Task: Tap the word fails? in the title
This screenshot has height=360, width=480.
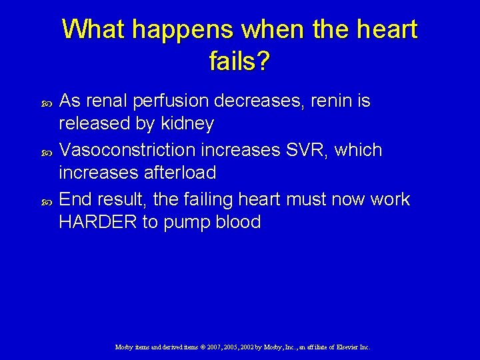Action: pos(239,62)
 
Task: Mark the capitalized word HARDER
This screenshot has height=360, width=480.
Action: pos(97,223)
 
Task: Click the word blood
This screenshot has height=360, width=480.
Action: pos(237,223)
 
